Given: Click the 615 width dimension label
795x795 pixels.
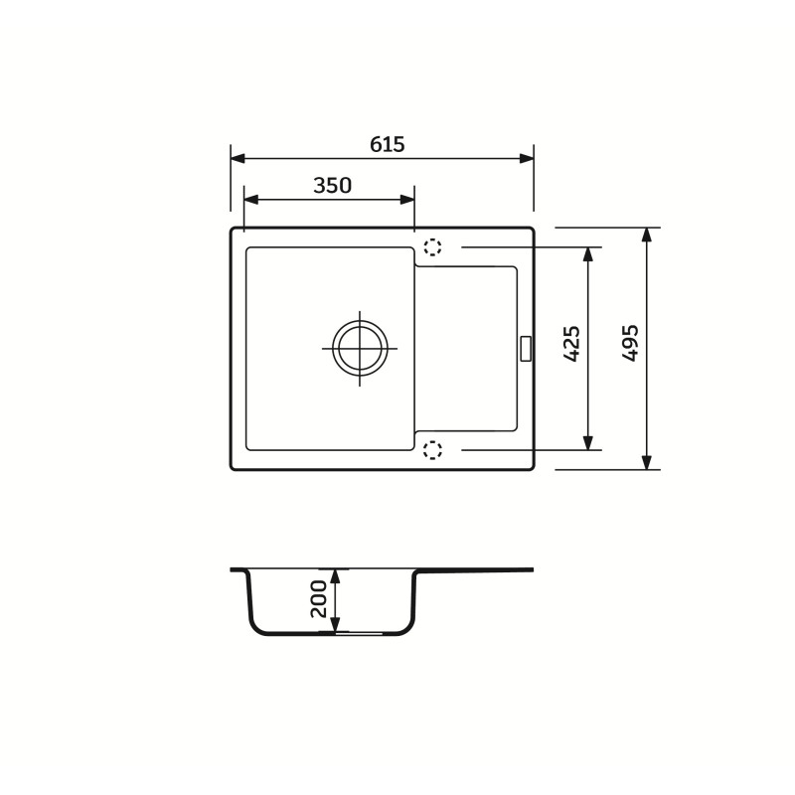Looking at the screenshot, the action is (388, 144).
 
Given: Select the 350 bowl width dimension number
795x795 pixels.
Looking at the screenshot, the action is (332, 186).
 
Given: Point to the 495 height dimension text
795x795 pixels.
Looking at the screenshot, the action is (630, 343).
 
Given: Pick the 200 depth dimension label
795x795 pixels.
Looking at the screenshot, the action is (318, 599).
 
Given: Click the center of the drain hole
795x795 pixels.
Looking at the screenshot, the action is (360, 349).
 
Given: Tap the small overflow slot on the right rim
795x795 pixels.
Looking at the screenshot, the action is (526, 349).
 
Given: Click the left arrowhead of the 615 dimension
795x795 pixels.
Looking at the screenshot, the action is (238, 159).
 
